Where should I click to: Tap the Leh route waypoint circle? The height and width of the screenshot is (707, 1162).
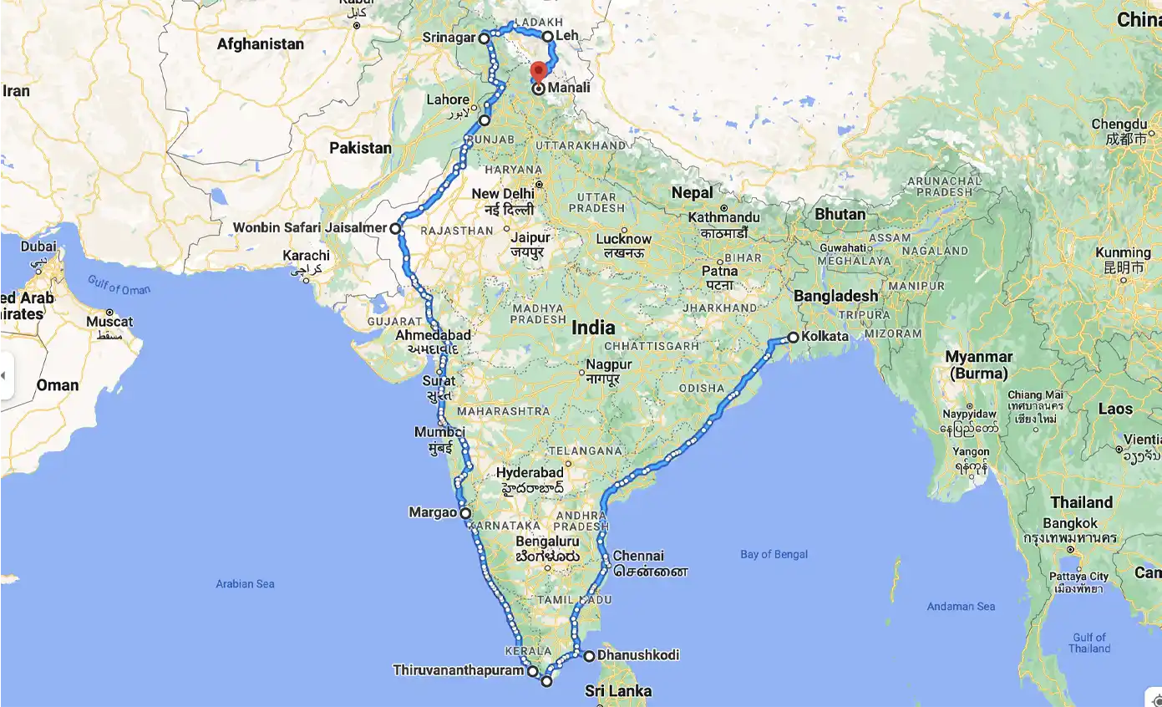548,36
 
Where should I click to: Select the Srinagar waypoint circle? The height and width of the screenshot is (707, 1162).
484,38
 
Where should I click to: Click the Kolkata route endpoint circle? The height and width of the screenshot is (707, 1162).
793,338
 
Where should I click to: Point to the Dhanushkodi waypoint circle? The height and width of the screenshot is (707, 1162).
589,656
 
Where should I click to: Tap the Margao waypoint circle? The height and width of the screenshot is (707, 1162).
465,514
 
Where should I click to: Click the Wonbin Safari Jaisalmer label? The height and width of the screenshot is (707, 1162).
309,227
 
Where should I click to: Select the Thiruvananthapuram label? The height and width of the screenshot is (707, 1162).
459,670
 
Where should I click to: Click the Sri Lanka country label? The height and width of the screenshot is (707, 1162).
618,691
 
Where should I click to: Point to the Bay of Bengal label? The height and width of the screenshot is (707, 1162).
774,554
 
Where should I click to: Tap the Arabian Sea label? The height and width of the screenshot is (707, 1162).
246,583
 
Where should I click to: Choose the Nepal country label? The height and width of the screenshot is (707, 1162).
693,193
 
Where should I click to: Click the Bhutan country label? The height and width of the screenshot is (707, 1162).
840,214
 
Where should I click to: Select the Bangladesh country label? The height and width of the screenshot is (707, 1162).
835,296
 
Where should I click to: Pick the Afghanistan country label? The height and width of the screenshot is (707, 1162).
261,43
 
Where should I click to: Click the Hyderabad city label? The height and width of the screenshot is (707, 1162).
530,473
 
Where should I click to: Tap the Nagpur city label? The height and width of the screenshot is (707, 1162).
609,364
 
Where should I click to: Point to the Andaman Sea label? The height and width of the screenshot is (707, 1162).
961,606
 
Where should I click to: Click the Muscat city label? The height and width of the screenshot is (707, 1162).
109,322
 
